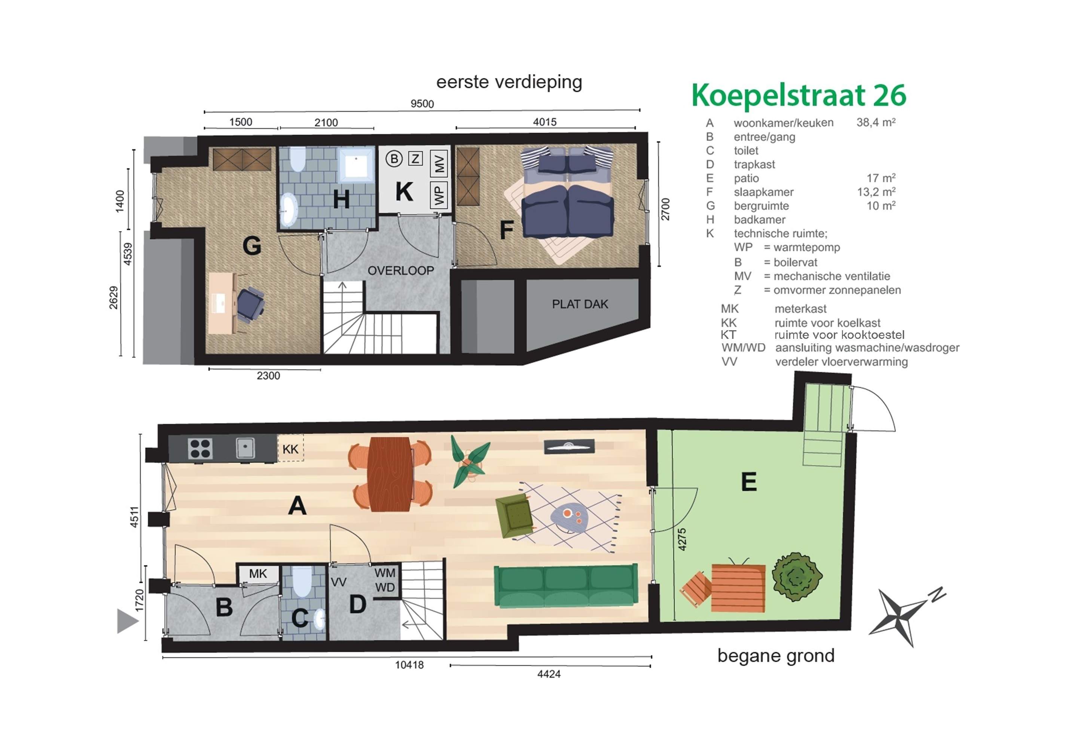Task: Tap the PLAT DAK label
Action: click(580, 304)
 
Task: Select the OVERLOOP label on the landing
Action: click(401, 270)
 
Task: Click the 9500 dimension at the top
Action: click(422, 104)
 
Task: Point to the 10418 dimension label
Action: click(409, 665)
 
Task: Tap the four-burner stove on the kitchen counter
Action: click(201, 448)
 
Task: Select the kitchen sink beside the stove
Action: click(245, 448)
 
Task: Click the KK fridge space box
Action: click(291, 448)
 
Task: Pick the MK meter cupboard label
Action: click(258, 574)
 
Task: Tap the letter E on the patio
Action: click(749, 481)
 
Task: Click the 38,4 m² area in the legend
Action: click(876, 122)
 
